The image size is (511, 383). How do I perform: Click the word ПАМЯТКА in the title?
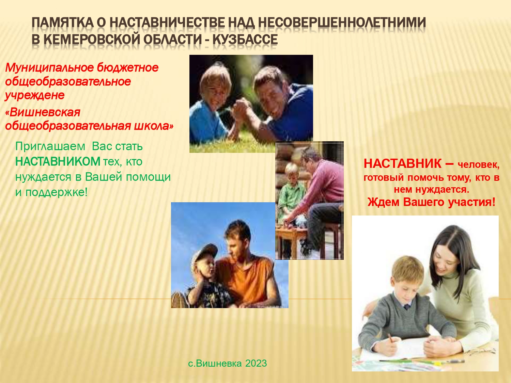tap(62, 23)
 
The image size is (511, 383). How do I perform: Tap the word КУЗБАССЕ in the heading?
tap(245, 39)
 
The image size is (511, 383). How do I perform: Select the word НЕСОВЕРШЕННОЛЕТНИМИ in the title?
tap(342, 23)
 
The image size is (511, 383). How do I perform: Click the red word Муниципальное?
tap(49, 68)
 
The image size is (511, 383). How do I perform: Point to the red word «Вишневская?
tap(43, 113)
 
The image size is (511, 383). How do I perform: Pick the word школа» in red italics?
tap(154, 126)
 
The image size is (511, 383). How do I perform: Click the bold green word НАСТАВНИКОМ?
tap(58, 162)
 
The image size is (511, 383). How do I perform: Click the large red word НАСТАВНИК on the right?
tap(403, 163)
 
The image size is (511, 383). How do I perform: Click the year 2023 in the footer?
tap(256, 363)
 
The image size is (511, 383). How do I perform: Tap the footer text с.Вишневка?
tap(215, 363)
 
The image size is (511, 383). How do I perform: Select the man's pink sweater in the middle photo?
tap(324, 186)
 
